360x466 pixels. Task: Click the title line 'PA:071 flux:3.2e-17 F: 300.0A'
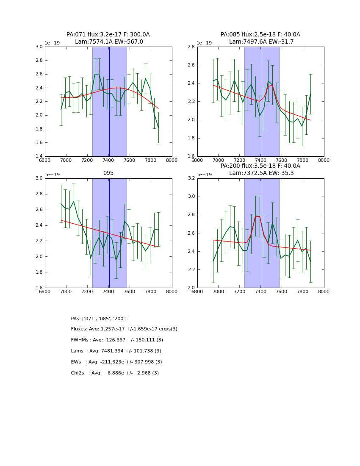coord(108,35)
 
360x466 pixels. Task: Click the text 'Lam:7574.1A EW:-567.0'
coord(109,42)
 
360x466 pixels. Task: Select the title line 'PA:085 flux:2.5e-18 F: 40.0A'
coord(260,35)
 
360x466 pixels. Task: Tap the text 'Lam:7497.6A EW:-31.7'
coord(261,42)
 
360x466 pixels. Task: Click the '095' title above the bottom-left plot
coord(108,173)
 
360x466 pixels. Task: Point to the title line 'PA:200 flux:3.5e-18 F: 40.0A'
coord(260,166)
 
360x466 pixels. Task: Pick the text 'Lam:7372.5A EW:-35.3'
coord(261,173)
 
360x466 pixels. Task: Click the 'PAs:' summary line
coord(99,319)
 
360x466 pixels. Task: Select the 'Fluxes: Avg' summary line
coord(124,329)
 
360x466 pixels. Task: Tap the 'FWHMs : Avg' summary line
coord(117,340)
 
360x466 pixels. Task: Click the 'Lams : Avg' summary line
coord(116,351)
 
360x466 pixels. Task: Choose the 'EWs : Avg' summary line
coord(116,362)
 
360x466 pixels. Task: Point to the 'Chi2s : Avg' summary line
coord(115,373)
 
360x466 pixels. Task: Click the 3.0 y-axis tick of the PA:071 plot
coord(39,47)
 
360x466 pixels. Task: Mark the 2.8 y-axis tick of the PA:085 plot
coord(191,47)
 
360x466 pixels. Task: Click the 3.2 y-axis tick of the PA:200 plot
coord(191,178)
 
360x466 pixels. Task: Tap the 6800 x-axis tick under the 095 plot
coord(45,291)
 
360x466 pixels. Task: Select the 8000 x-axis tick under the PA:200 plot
coord(324,291)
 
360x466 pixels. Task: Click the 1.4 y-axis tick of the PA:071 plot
coord(39,156)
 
